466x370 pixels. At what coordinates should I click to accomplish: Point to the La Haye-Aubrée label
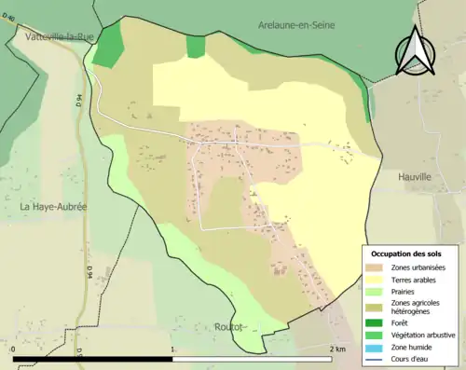53,206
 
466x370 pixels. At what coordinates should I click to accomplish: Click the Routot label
228,327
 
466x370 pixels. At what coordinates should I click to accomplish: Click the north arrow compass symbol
414,50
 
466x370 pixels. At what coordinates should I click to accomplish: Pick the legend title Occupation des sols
406,254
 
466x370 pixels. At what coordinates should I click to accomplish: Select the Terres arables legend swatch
375,279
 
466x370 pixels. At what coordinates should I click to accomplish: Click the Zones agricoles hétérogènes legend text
418,308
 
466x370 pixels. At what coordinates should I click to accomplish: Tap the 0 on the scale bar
14,349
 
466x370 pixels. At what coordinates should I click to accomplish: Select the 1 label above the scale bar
173,349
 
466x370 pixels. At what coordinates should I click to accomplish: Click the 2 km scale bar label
337,349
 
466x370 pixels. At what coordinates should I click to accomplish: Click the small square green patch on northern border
195,47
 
